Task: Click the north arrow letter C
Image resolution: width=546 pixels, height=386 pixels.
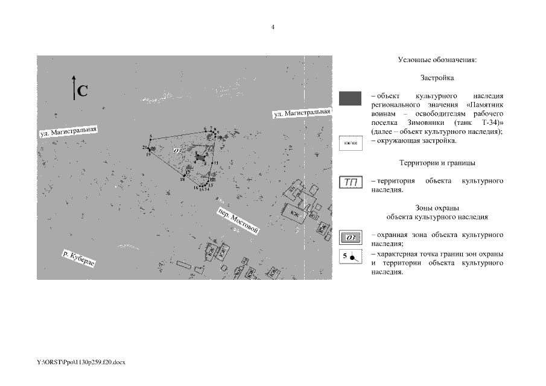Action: pos(83,92)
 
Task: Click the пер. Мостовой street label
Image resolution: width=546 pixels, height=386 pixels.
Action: pos(238,221)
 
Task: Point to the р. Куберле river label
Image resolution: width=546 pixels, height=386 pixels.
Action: pos(79,261)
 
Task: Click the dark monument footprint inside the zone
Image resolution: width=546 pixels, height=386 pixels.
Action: pos(200,158)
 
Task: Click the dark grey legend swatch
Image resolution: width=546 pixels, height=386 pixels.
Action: pos(350,98)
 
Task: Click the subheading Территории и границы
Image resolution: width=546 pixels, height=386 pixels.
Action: pos(437,163)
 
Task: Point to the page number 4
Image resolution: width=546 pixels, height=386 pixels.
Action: pos(273,27)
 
